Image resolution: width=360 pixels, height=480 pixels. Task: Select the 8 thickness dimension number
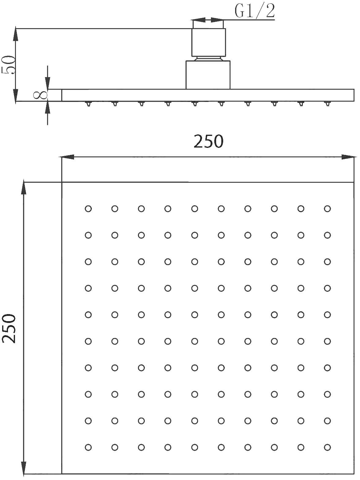tap(40, 95)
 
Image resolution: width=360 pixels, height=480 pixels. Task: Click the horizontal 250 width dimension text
tap(208, 141)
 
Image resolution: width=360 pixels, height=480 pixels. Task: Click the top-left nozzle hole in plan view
tap(88, 208)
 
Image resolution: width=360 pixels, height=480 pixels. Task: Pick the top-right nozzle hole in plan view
tap(327, 208)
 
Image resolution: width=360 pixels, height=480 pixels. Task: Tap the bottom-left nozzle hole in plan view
tap(88, 448)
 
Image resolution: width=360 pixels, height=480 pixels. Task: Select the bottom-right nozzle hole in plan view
tap(327, 448)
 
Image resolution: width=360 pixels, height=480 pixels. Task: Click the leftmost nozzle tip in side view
tap(88, 104)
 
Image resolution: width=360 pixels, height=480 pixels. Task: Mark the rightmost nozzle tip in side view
tap(327, 104)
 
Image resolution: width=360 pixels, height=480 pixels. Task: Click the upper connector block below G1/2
tap(208, 43)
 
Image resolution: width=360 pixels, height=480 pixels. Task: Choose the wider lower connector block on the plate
tap(208, 75)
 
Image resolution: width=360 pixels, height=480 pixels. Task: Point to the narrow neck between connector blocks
tap(208, 58)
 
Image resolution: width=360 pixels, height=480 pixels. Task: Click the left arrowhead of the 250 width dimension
tap(66, 157)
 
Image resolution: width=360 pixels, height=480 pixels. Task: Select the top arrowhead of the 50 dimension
tap(16, 34)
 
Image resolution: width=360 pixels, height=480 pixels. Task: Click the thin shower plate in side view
tap(208, 95)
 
